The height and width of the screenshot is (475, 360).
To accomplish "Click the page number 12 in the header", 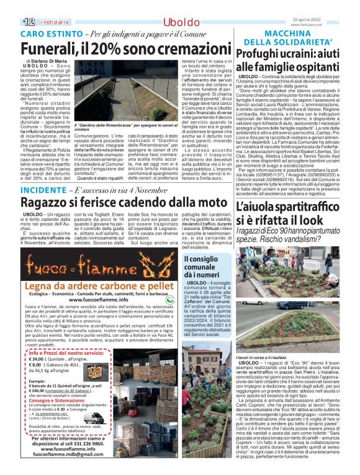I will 12,6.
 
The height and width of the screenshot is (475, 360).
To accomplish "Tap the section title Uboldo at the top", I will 180,7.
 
